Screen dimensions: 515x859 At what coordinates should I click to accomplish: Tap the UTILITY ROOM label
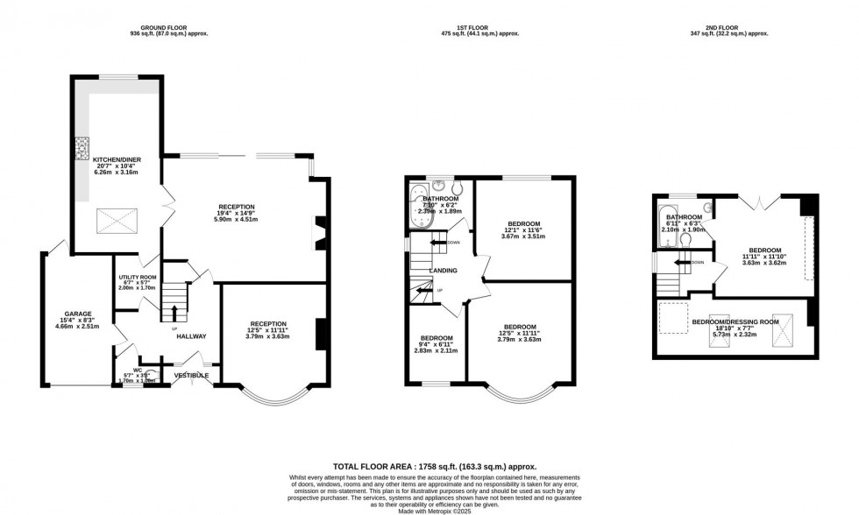click(x=137, y=277)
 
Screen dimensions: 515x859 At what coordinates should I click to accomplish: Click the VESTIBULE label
click(x=191, y=375)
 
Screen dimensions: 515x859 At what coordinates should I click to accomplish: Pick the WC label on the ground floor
click(x=138, y=370)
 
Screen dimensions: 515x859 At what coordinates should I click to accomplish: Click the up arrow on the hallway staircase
click(x=174, y=314)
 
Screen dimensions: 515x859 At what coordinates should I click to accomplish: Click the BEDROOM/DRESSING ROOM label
click(x=735, y=321)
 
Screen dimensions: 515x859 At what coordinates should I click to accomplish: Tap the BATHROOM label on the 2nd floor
click(x=683, y=216)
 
